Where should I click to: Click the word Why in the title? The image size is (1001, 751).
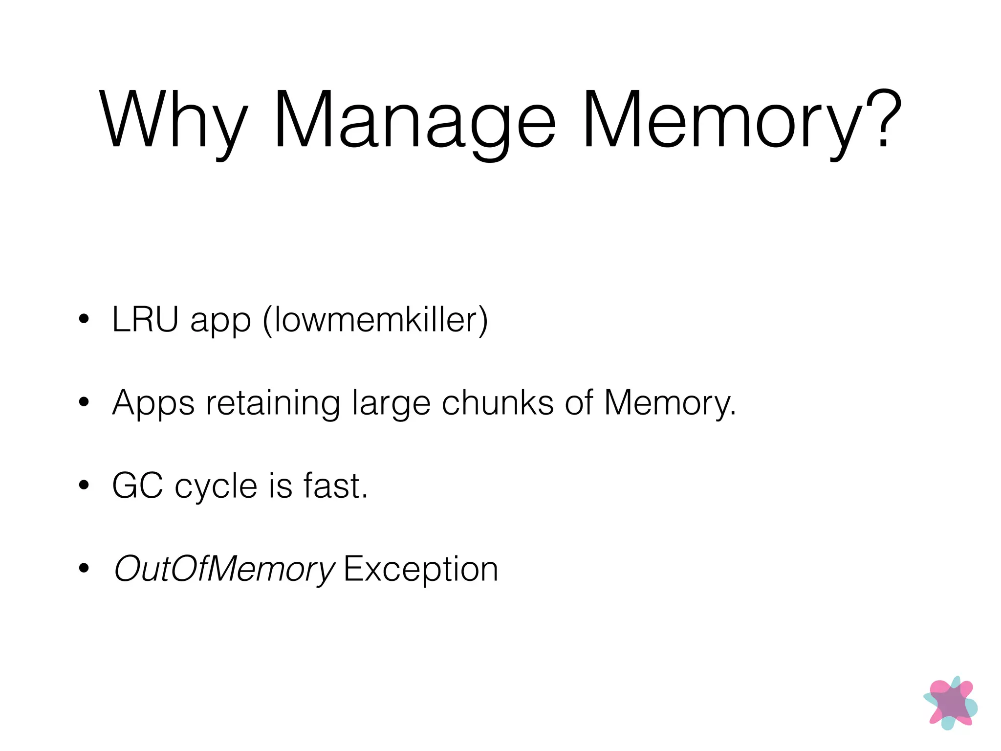click(174, 120)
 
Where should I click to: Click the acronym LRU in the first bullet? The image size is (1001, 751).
click(145, 319)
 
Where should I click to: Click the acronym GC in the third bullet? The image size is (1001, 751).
click(137, 486)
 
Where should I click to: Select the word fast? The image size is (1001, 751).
click(335, 486)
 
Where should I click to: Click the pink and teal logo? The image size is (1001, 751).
click(950, 703)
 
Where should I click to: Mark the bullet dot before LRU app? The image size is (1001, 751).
click(84, 319)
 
